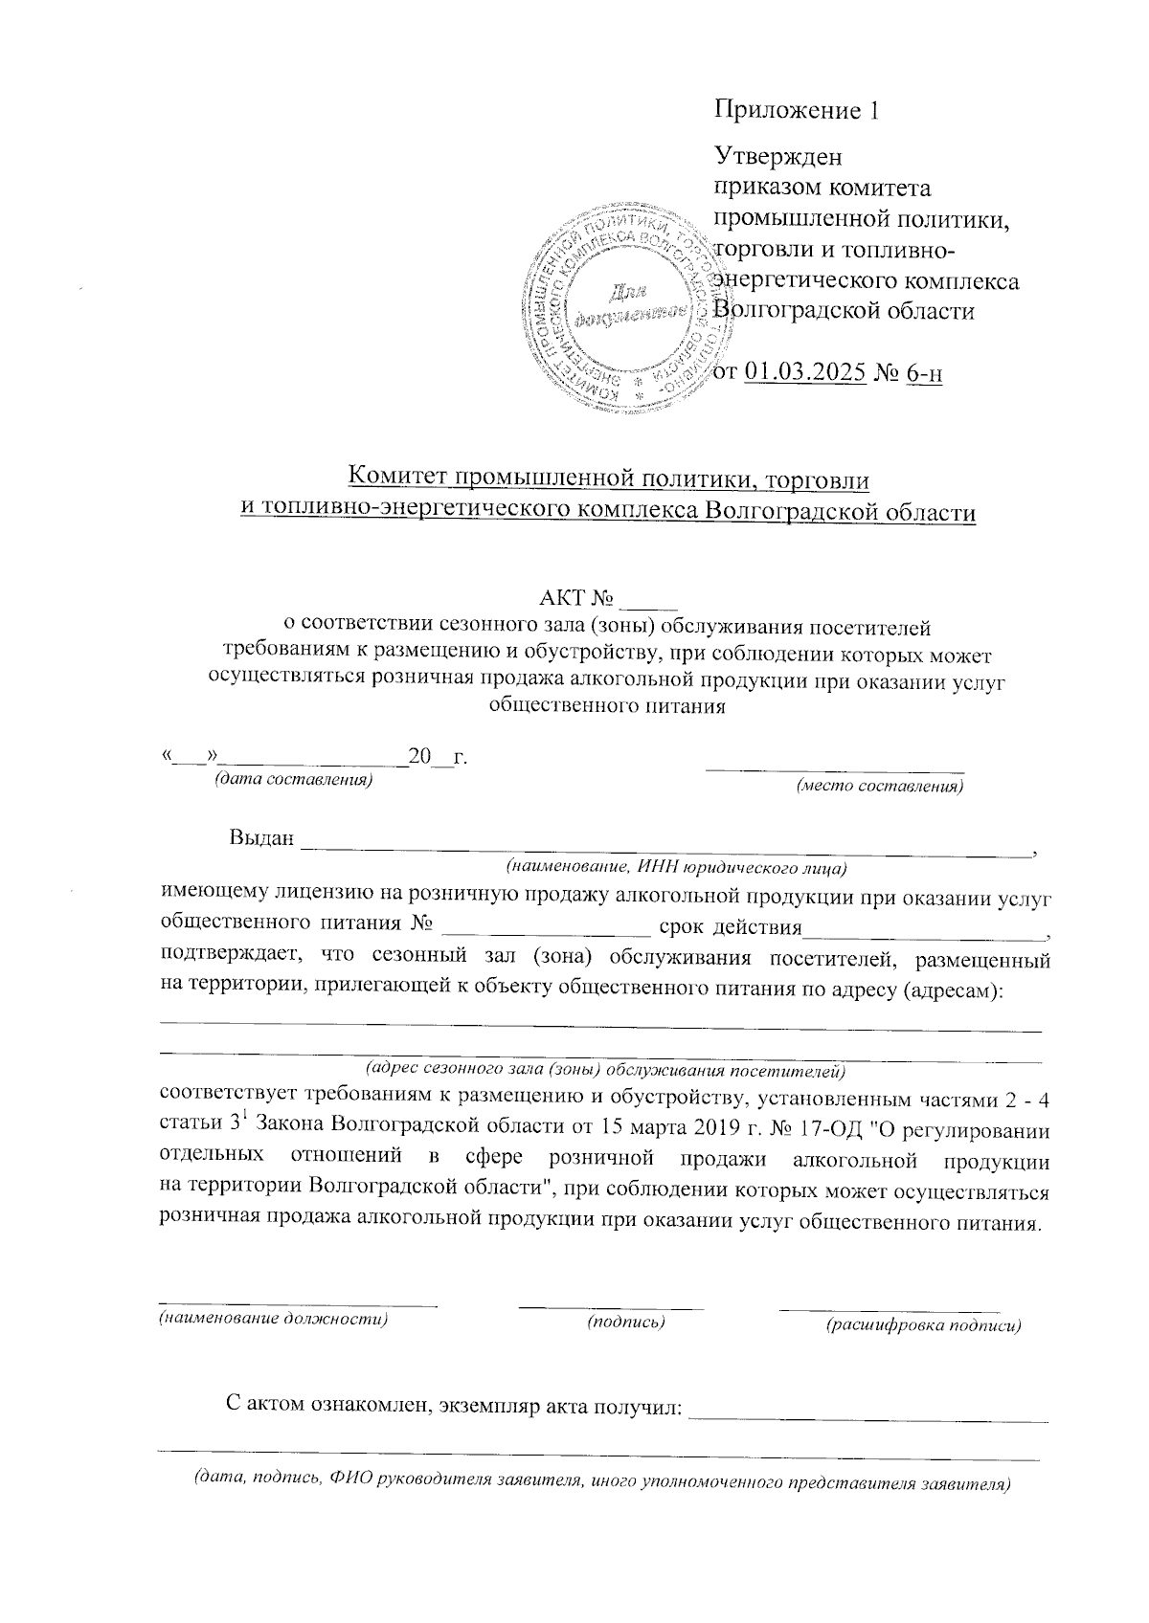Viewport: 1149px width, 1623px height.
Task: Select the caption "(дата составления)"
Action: pos(292,780)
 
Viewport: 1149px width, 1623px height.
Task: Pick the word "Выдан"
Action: pos(260,838)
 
